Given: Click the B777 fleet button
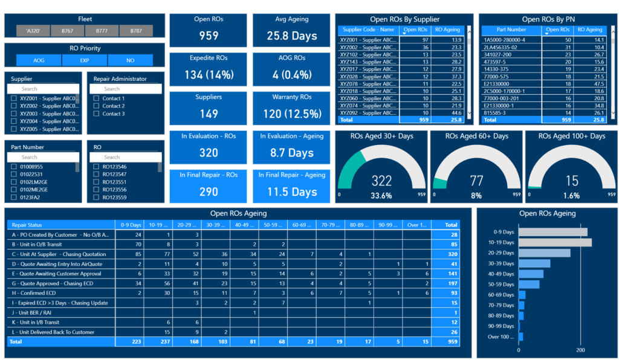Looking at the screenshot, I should tap(102, 31).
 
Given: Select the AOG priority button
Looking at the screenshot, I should tap(39, 60).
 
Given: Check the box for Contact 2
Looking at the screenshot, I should tap(97, 106).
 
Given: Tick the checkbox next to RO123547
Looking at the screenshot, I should tap(97, 174).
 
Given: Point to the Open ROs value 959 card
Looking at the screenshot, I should tap(209, 36).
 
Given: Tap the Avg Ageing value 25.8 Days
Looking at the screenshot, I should tap(292, 36).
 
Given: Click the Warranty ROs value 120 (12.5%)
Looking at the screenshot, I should tap(292, 114).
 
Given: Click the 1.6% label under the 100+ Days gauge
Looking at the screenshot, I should tap(571, 196).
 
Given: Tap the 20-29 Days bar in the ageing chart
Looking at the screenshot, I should tap(544, 253).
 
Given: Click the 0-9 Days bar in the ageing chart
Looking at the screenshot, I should tap(553, 232).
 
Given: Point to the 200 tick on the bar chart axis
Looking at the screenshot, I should tap(580, 350).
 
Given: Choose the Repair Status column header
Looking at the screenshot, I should tap(28, 224).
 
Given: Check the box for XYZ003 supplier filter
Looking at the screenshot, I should tap(14, 114).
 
